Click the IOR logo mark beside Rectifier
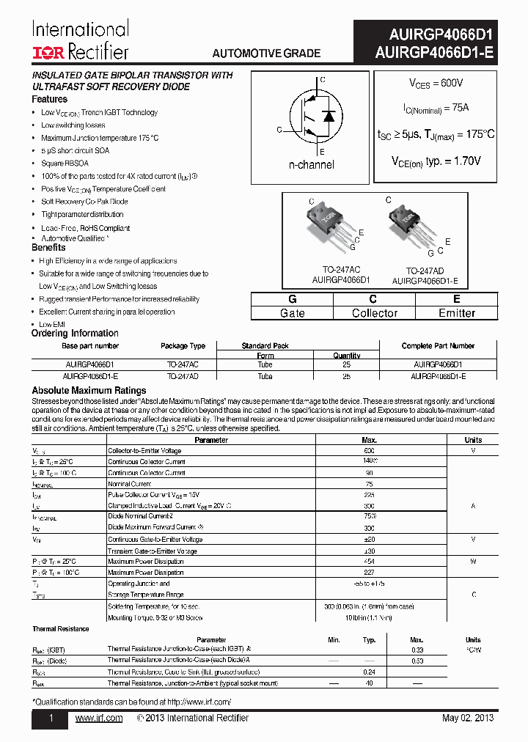coord(48,51)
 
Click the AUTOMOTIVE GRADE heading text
coord(266,54)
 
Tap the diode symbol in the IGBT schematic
coord(329,116)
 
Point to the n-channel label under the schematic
coord(311,165)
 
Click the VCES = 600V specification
coord(436,84)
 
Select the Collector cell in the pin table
coord(374,313)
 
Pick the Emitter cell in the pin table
coord(456,313)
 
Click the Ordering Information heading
coord(75,334)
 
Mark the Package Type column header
coord(183,346)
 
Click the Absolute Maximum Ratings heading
coord(89,391)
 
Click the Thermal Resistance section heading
coord(60,629)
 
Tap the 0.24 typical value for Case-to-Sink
coord(369,672)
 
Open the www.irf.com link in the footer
coord(99,719)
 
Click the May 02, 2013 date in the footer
coord(468,719)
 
